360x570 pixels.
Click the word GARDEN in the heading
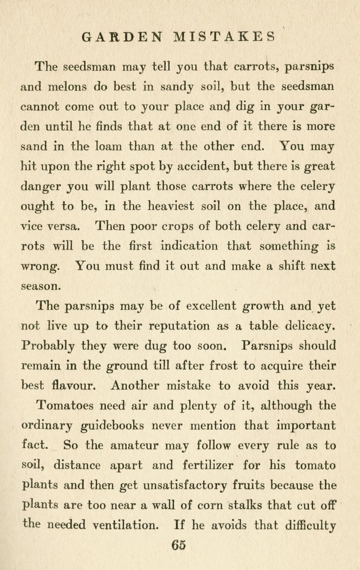point(122,37)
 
